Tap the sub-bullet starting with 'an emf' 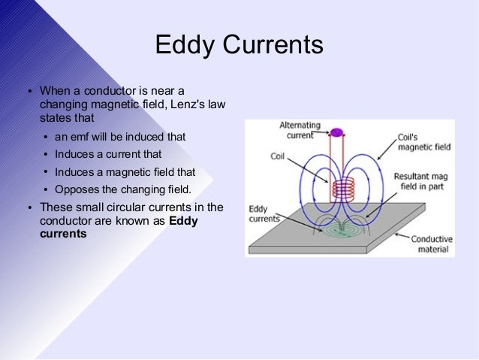(x=120, y=138)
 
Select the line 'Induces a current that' (x=107, y=154)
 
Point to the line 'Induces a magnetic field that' (x=125, y=171)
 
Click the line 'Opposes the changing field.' (x=123, y=189)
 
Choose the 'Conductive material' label (x=431, y=244)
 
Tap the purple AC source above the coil (x=336, y=133)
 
